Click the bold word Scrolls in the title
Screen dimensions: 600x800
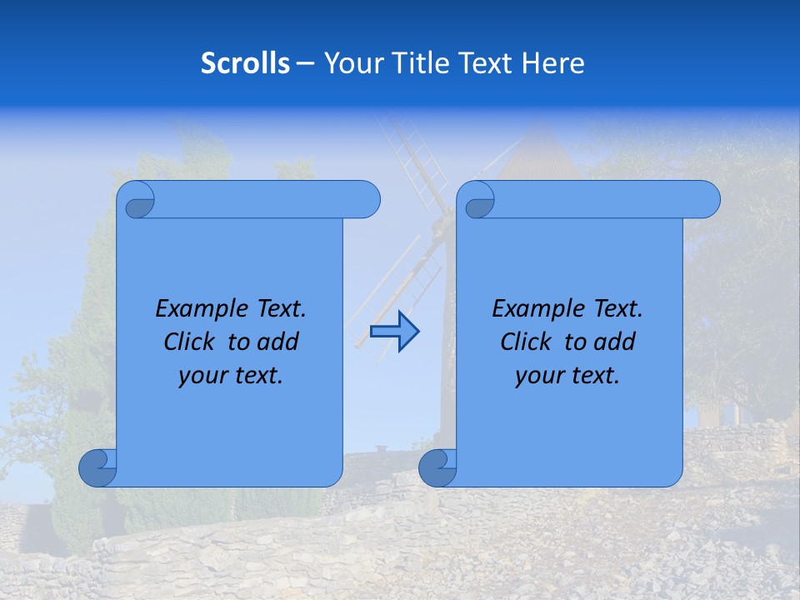click(245, 62)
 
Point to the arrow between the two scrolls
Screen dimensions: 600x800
click(394, 331)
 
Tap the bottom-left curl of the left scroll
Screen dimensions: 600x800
click(97, 467)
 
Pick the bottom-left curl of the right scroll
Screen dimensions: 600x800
click(437, 467)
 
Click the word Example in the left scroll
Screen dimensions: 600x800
click(200, 309)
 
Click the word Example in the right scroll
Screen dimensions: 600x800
click(537, 309)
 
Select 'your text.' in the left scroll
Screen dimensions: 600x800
click(231, 376)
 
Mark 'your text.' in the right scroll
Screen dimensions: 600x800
click(567, 376)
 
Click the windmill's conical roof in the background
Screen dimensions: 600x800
click(539, 154)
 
